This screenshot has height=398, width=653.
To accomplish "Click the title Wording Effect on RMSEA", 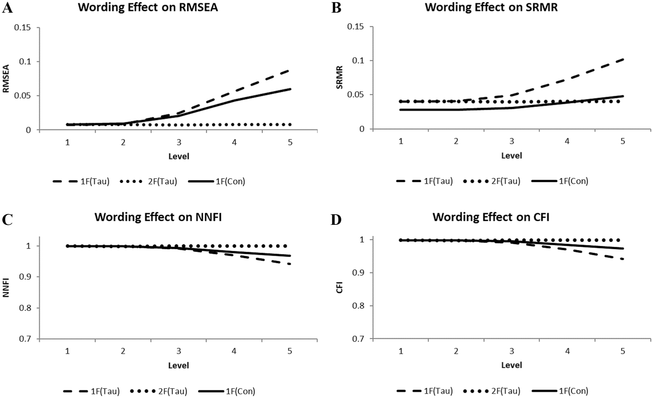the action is (148, 7).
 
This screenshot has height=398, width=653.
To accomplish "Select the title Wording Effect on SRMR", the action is (491, 7).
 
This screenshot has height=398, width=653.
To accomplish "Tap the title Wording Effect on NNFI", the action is (158, 217).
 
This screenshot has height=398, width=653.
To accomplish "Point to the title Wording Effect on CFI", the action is (491, 217).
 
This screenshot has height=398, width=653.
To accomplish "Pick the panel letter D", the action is (336, 220).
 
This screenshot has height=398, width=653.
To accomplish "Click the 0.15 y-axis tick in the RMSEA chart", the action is (23, 27).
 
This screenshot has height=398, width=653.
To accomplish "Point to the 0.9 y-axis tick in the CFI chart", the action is (359, 273).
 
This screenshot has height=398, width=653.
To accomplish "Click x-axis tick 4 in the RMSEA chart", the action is (234, 142).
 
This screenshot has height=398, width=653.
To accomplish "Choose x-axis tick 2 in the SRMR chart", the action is (456, 141).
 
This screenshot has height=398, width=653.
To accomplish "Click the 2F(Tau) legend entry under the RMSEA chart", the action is (149, 181).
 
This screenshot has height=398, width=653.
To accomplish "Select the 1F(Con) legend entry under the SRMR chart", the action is (560, 181).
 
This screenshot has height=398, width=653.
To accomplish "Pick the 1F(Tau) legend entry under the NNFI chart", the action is (92, 391).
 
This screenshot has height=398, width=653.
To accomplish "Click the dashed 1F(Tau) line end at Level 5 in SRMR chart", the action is (623, 60).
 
